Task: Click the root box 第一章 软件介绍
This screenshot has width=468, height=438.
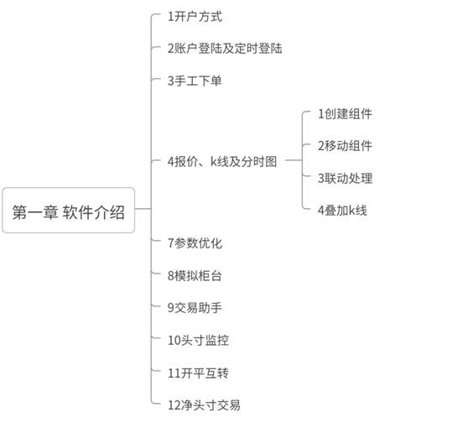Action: point(68,211)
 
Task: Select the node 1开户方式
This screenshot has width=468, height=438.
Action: point(195,17)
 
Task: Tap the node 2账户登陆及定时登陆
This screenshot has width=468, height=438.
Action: point(225,49)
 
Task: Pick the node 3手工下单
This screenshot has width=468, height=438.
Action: point(195,81)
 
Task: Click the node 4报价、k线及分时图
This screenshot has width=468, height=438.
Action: point(222,161)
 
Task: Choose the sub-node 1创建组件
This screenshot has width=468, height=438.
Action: point(345,114)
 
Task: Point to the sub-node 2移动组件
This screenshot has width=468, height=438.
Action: point(345,146)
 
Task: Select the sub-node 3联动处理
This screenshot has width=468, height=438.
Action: point(345,178)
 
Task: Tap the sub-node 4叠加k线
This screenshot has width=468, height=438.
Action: point(342,211)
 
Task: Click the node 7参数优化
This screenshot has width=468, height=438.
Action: point(195,243)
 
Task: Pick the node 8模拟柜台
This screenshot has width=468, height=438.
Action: point(195,275)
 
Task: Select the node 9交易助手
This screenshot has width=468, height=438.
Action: point(195,308)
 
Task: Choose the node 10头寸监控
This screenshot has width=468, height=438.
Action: point(199,340)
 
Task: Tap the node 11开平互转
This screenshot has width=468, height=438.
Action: point(199,373)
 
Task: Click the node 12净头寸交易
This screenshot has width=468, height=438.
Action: point(204,405)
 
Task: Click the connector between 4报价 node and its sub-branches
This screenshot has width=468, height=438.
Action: point(294,160)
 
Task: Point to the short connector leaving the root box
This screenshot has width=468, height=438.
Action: point(143,209)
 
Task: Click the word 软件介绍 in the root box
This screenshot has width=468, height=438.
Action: point(93,212)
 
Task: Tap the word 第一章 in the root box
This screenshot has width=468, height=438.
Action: point(35,212)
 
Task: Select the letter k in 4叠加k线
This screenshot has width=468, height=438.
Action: point(352,211)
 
